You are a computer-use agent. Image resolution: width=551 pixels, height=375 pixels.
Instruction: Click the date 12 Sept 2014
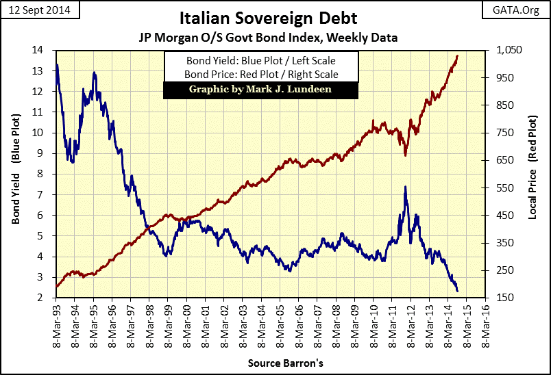(40, 11)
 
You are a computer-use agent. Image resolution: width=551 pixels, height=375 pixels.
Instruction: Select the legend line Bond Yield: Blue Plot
(251, 60)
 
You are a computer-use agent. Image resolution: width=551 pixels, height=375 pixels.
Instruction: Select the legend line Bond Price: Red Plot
(251, 74)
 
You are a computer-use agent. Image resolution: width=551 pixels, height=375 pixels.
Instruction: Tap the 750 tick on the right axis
(506, 133)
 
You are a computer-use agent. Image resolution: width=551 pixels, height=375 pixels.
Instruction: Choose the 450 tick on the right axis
(506, 216)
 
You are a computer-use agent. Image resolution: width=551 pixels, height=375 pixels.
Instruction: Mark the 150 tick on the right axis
(506, 298)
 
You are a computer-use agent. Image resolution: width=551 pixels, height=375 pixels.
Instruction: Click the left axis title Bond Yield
(15, 174)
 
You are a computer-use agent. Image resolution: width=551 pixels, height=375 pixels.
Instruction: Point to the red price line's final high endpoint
(457, 56)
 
